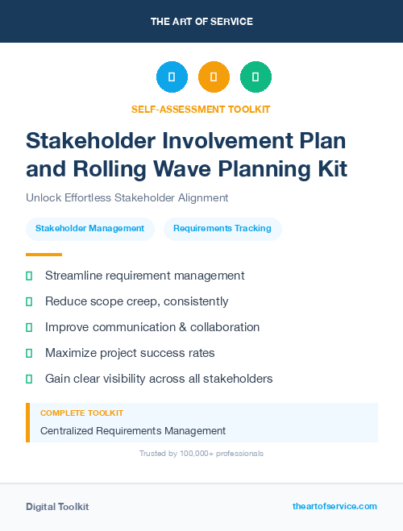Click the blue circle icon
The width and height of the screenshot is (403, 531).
tap(172, 77)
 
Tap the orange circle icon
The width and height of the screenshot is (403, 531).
tap(214, 77)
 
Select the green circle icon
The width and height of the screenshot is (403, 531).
tap(256, 77)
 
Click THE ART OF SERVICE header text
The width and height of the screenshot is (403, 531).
tap(201, 21)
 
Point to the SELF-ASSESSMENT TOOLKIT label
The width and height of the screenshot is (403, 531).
tap(201, 109)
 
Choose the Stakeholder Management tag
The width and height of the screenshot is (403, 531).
tap(89, 229)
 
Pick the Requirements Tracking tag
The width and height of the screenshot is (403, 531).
tap(222, 229)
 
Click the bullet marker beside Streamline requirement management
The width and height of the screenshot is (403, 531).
tap(29, 276)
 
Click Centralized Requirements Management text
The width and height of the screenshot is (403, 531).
tap(133, 431)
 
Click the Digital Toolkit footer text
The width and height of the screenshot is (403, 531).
tap(57, 507)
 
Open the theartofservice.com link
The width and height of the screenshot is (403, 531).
tap(334, 507)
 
